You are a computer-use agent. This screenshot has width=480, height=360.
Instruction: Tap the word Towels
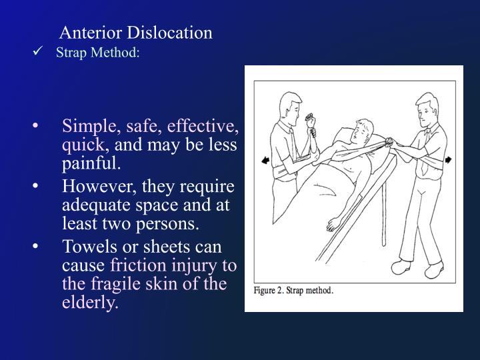pyautogui.click(x=87, y=247)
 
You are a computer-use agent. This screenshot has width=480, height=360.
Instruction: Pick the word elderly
pyautogui.click(x=89, y=303)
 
